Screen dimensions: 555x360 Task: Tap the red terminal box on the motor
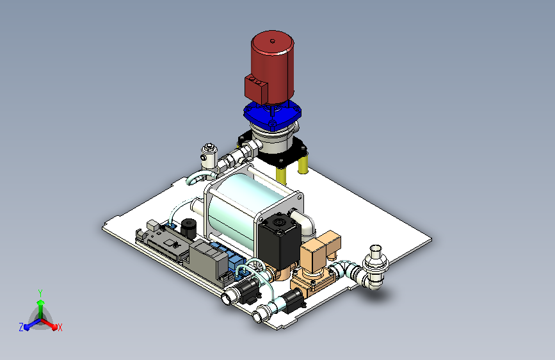pos(255,88)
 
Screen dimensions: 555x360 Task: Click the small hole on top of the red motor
pos(273,41)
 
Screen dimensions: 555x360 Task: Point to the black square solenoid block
pos(280,241)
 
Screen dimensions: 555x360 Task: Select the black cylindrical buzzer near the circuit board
pos(188,228)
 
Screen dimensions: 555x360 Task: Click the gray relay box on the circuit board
pos(209,261)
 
